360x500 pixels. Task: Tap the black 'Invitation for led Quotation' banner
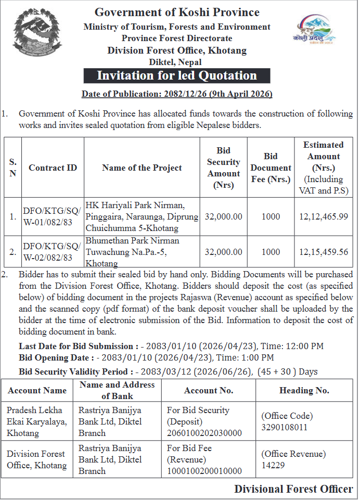click(177, 75)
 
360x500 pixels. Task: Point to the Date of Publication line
click(177, 94)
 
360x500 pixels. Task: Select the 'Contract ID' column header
click(53, 168)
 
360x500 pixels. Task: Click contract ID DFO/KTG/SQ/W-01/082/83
click(52, 216)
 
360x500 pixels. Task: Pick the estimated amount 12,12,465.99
click(324, 216)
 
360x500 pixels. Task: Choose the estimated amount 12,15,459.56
click(324, 252)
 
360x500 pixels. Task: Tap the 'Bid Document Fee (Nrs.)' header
click(271, 168)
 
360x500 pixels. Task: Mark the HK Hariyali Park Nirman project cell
click(142, 216)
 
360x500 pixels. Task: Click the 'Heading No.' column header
click(304, 390)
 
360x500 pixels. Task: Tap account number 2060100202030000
click(204, 433)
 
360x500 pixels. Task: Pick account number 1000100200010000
click(204, 471)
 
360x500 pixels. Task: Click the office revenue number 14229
click(273, 465)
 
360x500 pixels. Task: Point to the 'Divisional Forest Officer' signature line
click(293, 489)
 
